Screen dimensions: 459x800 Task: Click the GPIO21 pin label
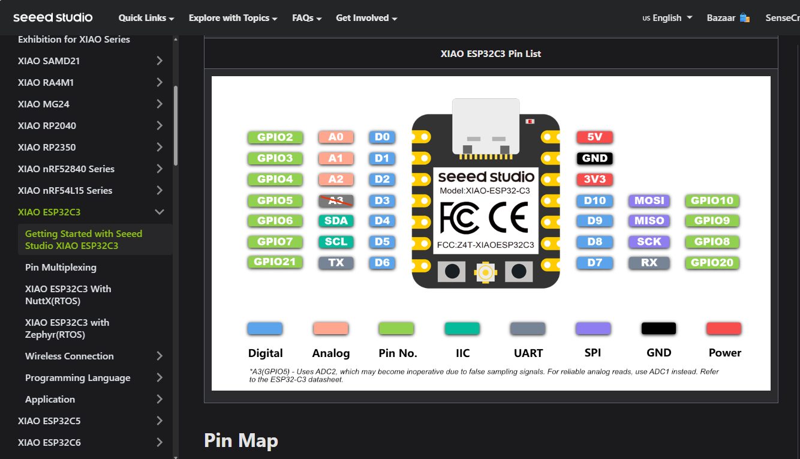coord(275,262)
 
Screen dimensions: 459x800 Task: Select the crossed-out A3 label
coord(336,200)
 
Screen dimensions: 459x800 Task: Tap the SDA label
coord(336,221)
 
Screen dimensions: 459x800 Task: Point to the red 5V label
coord(594,137)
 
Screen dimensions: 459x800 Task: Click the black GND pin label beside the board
coord(594,158)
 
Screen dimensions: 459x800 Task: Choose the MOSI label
coord(649,200)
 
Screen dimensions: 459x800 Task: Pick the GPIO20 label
coord(712,262)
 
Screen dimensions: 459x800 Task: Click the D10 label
coord(594,200)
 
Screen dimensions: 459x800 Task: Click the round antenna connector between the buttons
coord(485,272)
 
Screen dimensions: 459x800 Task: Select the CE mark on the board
coord(509,217)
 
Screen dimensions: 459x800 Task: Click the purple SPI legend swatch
coord(593,329)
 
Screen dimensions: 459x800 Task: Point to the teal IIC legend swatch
coord(462,329)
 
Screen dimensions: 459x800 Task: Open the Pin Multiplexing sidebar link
coord(61,268)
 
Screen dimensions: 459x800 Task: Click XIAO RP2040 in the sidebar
coord(47,126)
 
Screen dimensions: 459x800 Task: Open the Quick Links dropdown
coord(146,18)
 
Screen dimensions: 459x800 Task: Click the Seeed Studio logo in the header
coord(53,17)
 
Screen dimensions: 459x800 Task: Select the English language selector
coord(667,18)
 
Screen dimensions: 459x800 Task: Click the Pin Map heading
coord(241,441)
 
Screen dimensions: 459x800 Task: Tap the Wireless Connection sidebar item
coord(70,356)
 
